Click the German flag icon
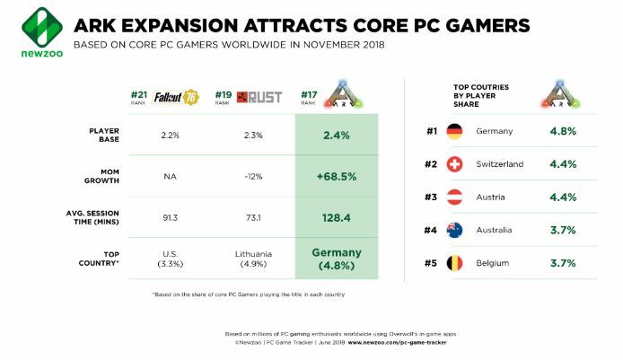(455, 132)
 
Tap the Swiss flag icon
(455, 164)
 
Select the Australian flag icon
(455, 230)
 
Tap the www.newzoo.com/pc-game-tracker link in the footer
(404, 342)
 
